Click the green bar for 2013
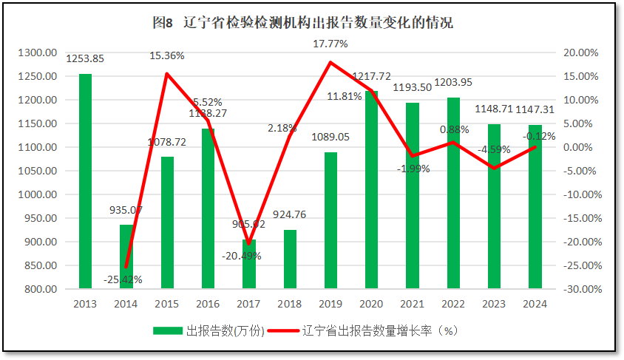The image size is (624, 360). tap(86, 181)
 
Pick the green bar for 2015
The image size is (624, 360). tap(167, 223)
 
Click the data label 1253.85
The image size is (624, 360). tap(86, 59)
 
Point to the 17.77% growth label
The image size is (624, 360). tap(330, 44)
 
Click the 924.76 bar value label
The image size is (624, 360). tap(291, 215)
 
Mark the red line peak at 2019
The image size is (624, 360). tap(330, 62)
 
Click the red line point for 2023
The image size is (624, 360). tap(494, 169)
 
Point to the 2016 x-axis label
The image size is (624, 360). tap(208, 303)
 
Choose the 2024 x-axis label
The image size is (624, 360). tap(535, 303)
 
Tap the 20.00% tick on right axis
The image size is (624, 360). tap(580, 52)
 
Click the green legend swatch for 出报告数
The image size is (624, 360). tap(167, 330)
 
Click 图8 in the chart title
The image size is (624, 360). tap(162, 22)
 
